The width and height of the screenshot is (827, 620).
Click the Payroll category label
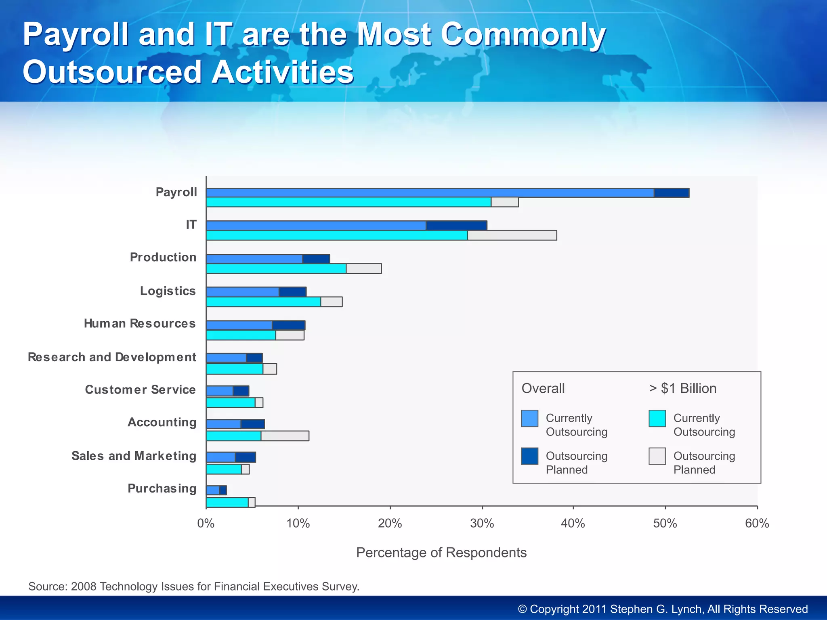click(x=176, y=192)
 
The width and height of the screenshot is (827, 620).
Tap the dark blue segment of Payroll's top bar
click(x=671, y=193)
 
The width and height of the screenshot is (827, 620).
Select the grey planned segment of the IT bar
click(x=512, y=235)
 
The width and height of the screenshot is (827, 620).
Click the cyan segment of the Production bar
click(x=276, y=269)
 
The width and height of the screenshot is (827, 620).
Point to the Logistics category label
click(x=168, y=291)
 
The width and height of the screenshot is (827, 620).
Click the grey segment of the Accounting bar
click(x=285, y=436)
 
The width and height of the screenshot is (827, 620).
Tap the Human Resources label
click(x=140, y=324)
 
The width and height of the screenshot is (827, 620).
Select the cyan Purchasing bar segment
click(x=227, y=503)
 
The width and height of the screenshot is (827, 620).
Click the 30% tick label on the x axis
click(x=482, y=524)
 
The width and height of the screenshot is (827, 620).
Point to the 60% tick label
click(x=757, y=524)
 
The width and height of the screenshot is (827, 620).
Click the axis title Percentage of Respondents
click(x=441, y=553)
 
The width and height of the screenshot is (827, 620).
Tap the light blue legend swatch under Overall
click(x=529, y=419)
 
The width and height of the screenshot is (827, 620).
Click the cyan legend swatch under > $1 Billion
click(x=657, y=419)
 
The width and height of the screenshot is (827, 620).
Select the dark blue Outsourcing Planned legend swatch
click(x=529, y=457)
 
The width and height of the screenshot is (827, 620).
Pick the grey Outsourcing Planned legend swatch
click(x=657, y=457)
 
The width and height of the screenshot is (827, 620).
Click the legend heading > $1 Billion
click(x=682, y=388)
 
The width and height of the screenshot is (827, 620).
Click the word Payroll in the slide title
click(x=76, y=35)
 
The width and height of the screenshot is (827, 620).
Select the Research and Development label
click(x=112, y=357)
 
